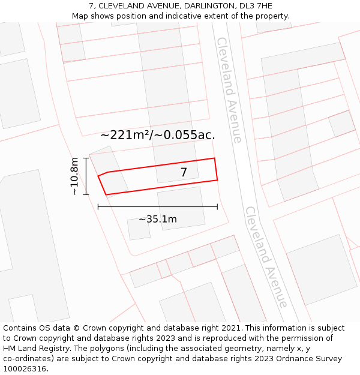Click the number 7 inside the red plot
tap(184, 173)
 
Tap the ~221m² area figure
tap(126, 135)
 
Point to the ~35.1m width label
tap(158, 219)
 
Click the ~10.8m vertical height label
tap(74, 176)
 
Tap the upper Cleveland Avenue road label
tap(229, 90)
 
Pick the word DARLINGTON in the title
tap(199, 5)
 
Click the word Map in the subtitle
tap(80, 16)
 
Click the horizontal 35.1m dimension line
tap(158, 207)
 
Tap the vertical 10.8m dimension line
tap(86, 176)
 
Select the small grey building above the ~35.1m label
tap(139, 229)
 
